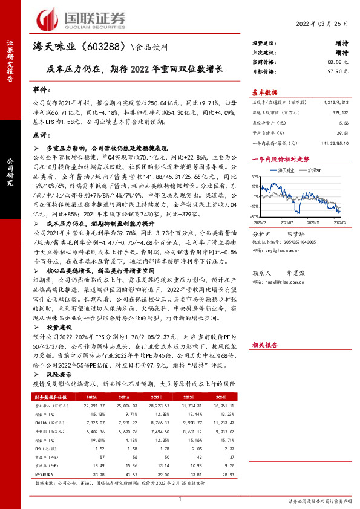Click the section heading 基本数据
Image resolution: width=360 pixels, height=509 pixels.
click(x=265, y=92)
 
